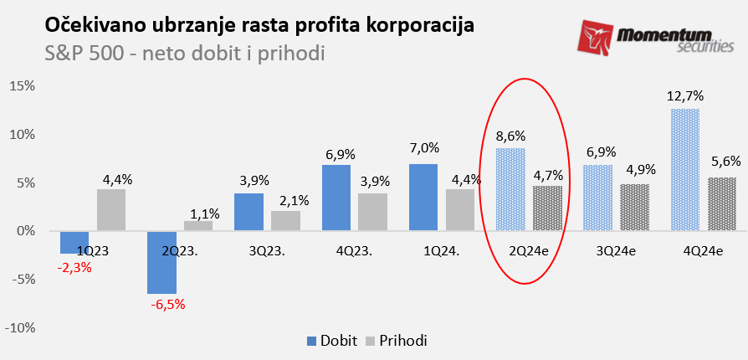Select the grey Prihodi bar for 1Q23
pos(111,209)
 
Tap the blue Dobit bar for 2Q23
pos(162,262)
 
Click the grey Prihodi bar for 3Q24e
pos(633,207)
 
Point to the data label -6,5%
pos(168,304)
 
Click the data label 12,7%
pos(685,96)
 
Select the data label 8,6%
pos(511,136)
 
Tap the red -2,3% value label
pos(74,268)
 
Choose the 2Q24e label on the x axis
pos(528,249)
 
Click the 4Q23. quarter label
pos(354,249)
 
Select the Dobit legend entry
pos(332,341)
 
